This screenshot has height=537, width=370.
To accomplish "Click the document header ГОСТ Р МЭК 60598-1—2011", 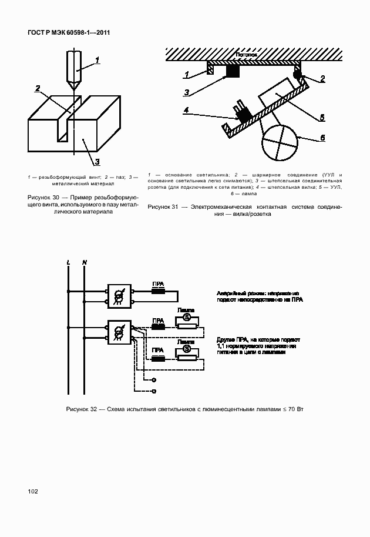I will [x=69, y=34].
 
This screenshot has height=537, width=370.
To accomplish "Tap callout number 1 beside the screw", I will [x=98, y=59].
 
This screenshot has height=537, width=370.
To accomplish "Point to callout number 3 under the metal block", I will [x=97, y=162].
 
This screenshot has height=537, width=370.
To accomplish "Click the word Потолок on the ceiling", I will [x=247, y=54].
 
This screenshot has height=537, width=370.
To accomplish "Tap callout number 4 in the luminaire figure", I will [x=186, y=109].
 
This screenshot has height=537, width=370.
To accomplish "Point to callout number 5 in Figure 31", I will [x=322, y=118].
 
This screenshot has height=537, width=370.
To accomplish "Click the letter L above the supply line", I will [x=69, y=261].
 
